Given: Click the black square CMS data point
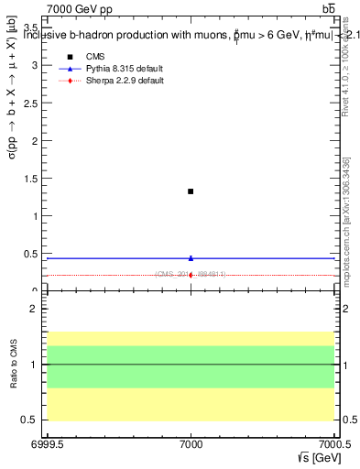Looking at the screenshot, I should tap(191, 191).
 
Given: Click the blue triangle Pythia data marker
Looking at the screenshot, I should tap(191, 258).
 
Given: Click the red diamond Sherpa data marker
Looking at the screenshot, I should tap(191, 275).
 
